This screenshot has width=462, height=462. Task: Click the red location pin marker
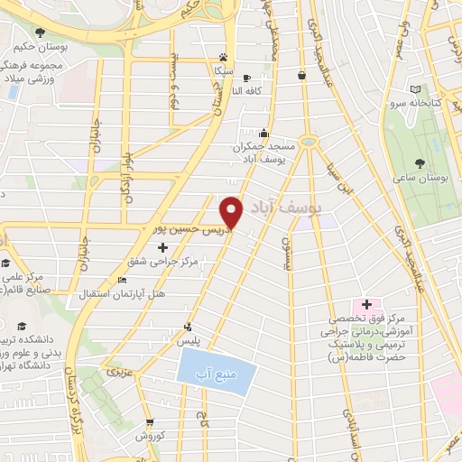pos(232,211)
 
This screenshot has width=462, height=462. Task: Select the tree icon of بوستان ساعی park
pos(420,163)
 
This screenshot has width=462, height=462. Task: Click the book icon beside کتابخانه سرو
pos(415,89)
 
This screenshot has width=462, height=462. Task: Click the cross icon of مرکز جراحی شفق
pos(162,246)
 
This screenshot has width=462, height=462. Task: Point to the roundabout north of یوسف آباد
pos(309,141)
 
